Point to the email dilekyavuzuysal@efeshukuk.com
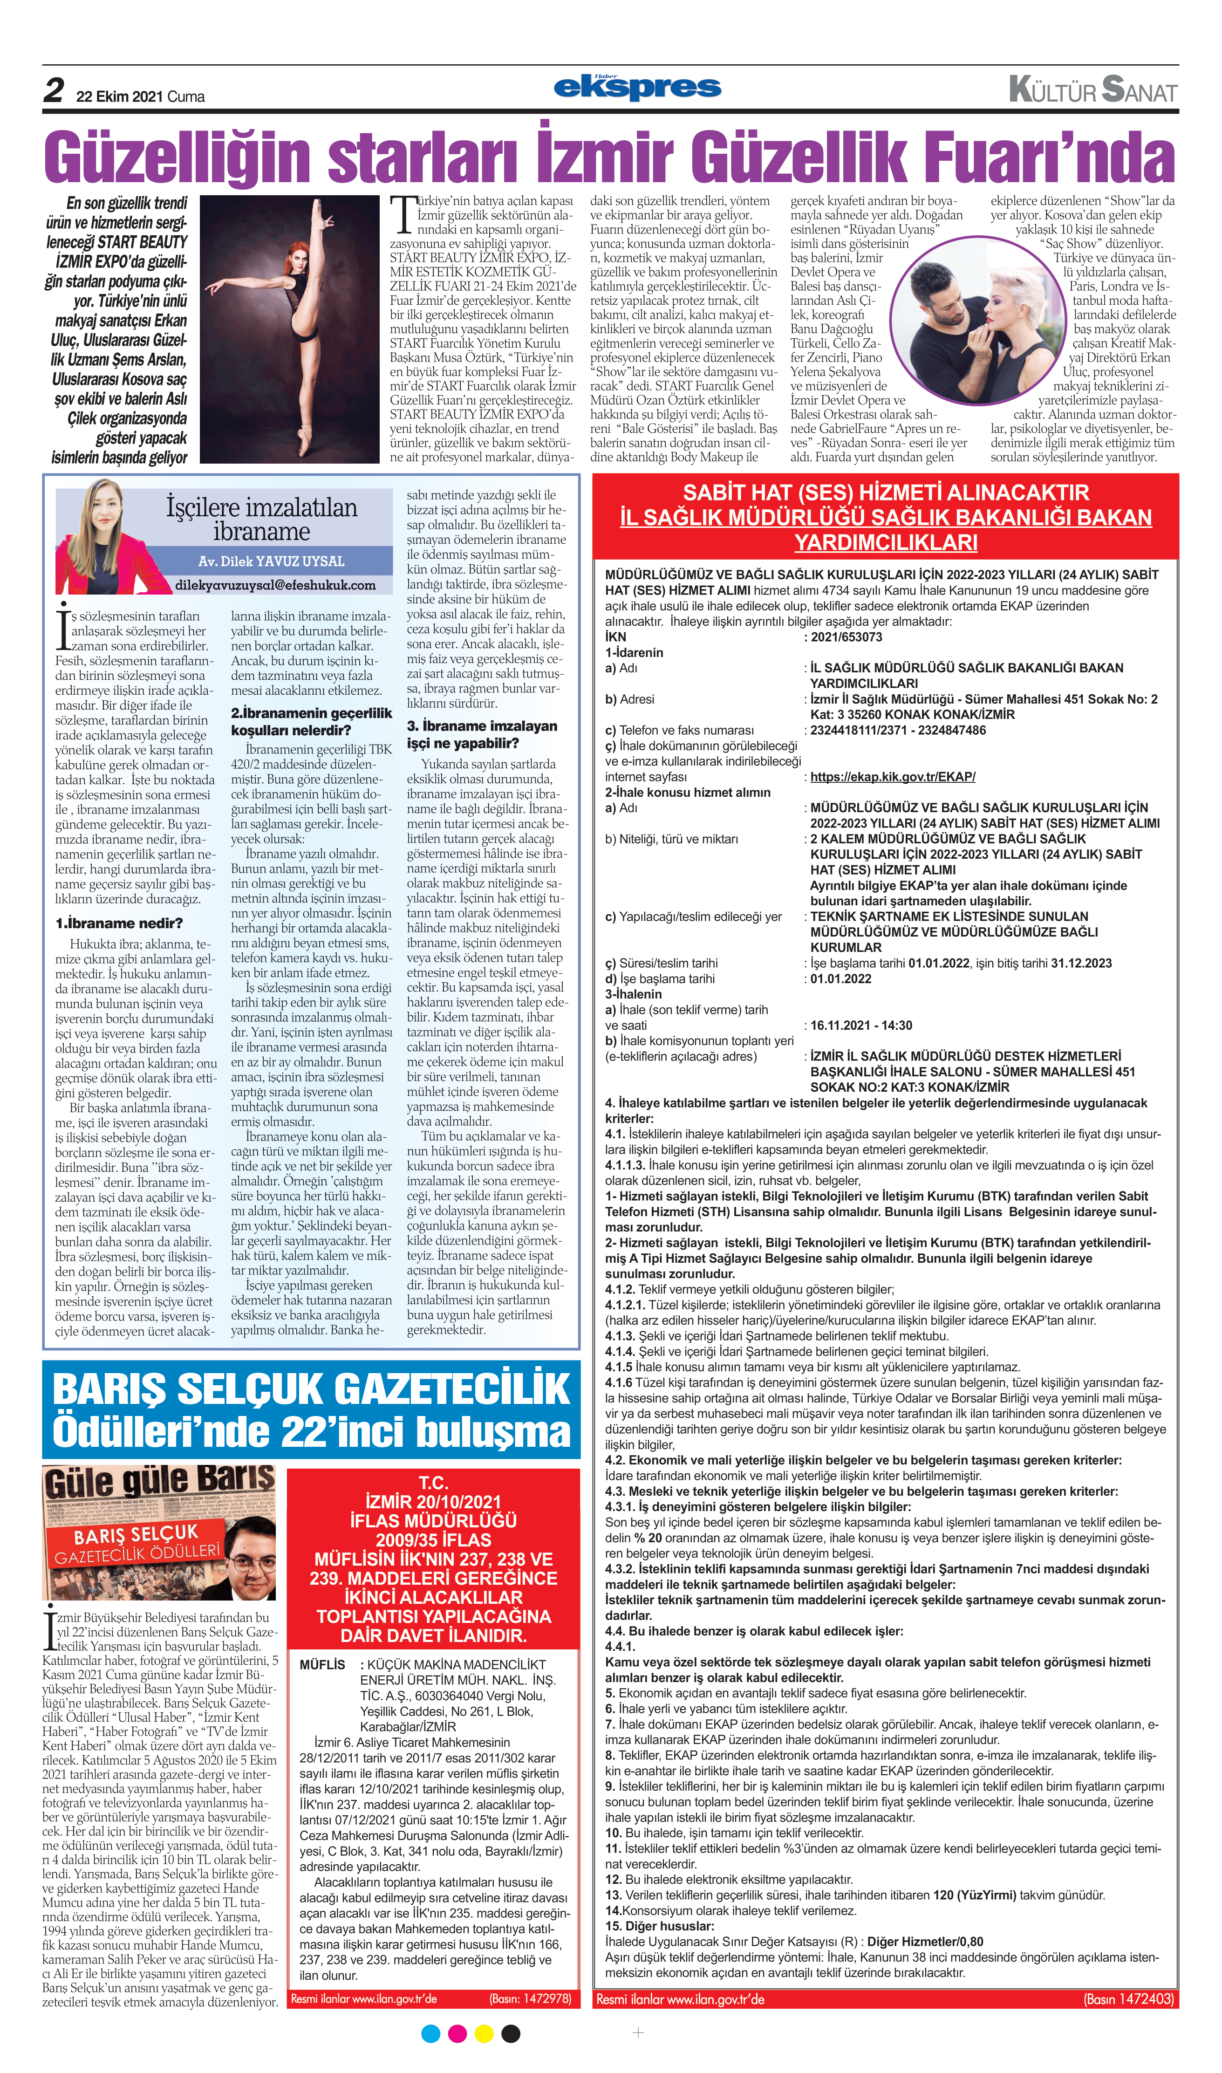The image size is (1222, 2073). click(275, 585)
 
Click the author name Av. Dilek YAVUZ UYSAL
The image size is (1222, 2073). click(271, 561)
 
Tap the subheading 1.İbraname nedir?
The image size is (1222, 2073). click(119, 923)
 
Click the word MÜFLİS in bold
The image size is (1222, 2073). click(322, 1664)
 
